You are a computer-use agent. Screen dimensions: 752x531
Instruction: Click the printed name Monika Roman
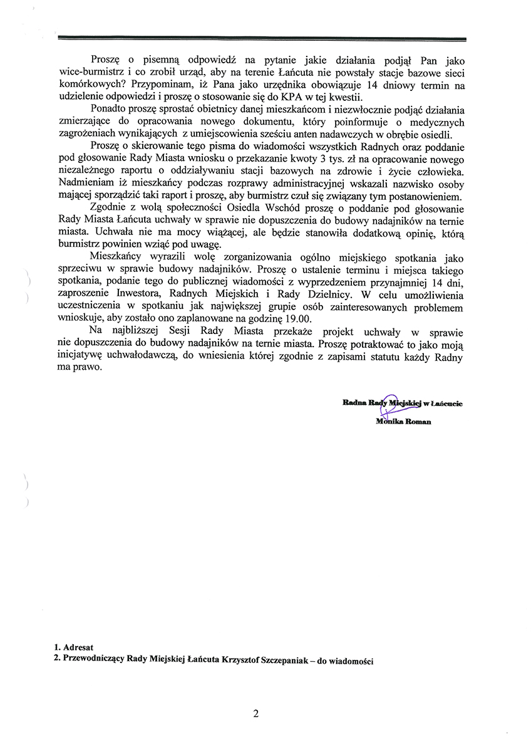point(403,422)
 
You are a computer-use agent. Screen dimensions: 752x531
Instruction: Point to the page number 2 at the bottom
point(256,714)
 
